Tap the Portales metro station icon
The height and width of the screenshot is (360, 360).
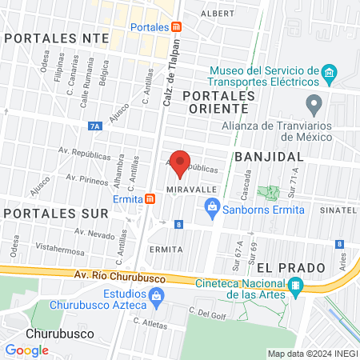[177, 26]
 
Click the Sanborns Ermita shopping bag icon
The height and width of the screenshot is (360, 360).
[212, 210]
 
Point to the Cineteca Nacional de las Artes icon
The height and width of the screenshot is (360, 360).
[295, 286]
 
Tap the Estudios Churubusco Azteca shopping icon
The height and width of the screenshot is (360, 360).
[157, 298]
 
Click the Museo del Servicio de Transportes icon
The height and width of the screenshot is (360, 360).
[329, 74]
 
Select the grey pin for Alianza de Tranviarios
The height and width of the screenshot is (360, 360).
[314, 103]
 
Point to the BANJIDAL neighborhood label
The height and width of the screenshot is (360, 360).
[269, 156]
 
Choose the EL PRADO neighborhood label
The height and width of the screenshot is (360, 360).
[281, 266]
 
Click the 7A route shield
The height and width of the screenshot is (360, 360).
[96, 126]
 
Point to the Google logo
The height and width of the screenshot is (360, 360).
[26, 350]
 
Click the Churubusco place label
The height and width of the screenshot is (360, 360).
[59, 333]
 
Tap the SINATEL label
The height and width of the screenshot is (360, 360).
[337, 210]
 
